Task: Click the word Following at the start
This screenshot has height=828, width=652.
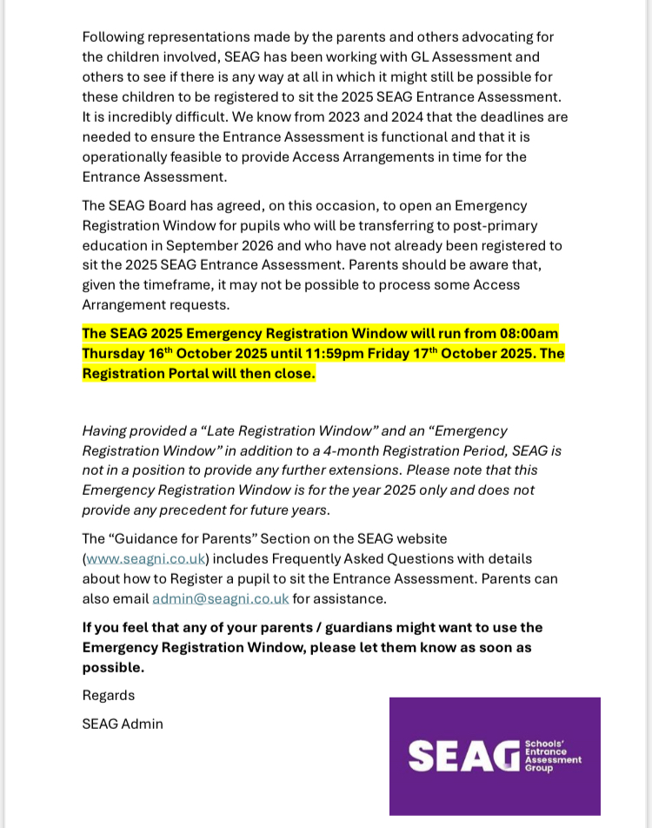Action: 114,37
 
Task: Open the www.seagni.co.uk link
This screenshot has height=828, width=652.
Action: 146,559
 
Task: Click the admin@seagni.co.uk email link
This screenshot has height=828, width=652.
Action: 220,599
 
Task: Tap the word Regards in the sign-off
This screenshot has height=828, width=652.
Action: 109,696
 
